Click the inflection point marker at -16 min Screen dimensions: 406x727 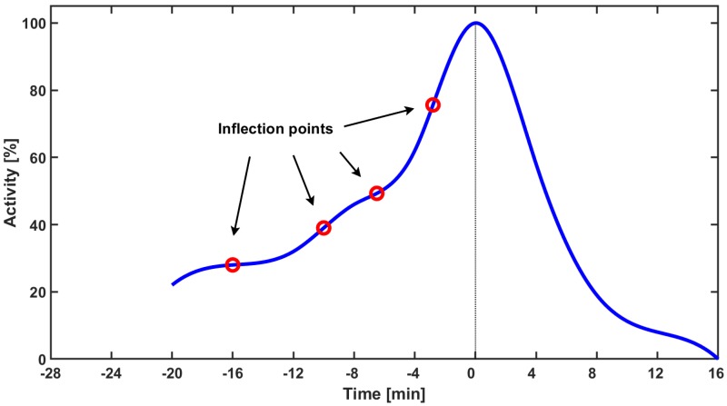click(x=233, y=264)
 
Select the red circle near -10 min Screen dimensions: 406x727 click(x=324, y=228)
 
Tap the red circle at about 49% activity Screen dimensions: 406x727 click(x=376, y=193)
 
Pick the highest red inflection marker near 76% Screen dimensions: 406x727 click(x=433, y=105)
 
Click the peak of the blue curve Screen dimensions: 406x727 click(x=475, y=23)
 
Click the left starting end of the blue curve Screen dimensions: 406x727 click(x=173, y=284)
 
